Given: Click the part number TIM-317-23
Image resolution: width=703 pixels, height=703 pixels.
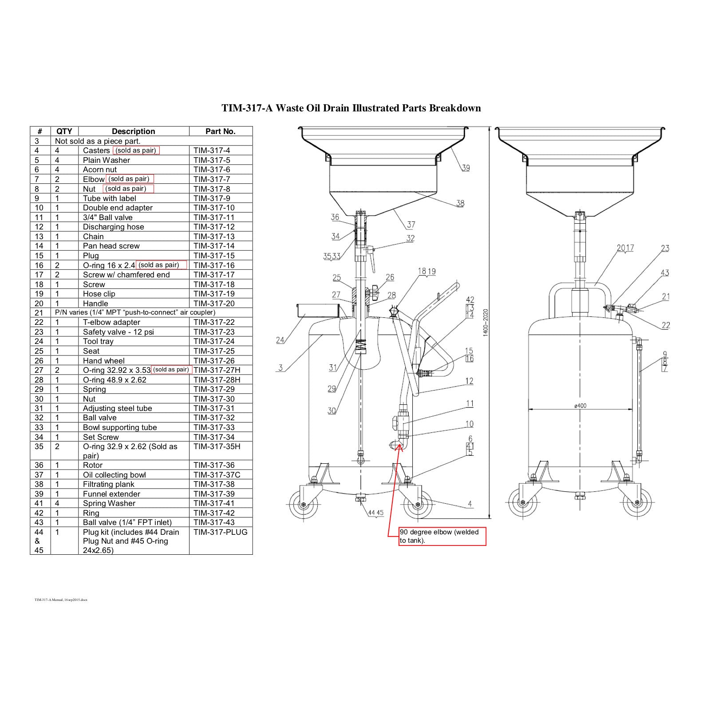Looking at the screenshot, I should [x=214, y=332].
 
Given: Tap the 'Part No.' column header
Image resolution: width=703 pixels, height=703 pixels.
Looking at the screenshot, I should [x=220, y=131].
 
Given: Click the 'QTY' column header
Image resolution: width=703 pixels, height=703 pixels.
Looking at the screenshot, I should [x=64, y=131].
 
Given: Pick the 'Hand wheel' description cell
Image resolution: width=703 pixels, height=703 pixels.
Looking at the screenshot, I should [x=103, y=361].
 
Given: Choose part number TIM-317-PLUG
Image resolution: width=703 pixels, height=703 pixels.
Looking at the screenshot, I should [x=220, y=532].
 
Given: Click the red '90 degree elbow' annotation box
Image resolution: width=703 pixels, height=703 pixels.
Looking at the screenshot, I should [x=442, y=536].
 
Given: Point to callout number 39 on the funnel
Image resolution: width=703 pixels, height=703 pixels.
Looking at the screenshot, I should [x=466, y=168].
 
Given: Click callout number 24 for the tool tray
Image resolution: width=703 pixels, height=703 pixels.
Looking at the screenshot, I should [x=280, y=340].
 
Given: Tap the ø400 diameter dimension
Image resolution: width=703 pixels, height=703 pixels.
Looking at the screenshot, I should [x=580, y=406].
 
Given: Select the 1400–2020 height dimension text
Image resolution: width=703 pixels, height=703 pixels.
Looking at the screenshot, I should [x=486, y=323].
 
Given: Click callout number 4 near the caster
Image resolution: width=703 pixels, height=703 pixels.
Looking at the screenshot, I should [x=470, y=504].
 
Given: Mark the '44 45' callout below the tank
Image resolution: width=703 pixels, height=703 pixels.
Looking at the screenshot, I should [x=375, y=513].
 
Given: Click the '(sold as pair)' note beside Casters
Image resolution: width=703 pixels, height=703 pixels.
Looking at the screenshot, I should [x=136, y=150].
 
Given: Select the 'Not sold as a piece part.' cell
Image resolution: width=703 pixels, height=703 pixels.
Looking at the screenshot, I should [x=98, y=141].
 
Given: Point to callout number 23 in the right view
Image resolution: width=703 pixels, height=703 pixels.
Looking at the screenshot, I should [x=665, y=248].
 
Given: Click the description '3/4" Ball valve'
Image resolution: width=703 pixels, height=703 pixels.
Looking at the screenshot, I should [x=107, y=217].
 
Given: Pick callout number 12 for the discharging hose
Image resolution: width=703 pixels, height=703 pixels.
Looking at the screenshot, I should [x=469, y=381].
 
